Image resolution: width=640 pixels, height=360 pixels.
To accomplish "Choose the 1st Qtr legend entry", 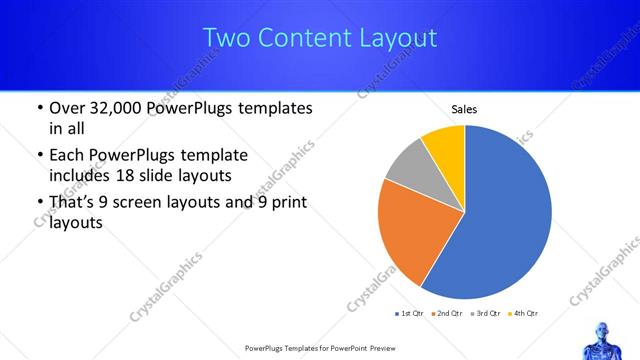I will pyautogui.click(x=411, y=314).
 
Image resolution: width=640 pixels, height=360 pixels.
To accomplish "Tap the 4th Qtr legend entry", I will pyautogui.click(x=523, y=314).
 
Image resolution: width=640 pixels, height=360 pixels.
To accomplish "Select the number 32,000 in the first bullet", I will pyautogui.click(x=124, y=108).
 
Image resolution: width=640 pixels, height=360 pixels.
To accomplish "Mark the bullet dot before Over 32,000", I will pyautogui.click(x=39, y=108).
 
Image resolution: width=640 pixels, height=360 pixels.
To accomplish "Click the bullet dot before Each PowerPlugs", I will pyautogui.click(x=39, y=155).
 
